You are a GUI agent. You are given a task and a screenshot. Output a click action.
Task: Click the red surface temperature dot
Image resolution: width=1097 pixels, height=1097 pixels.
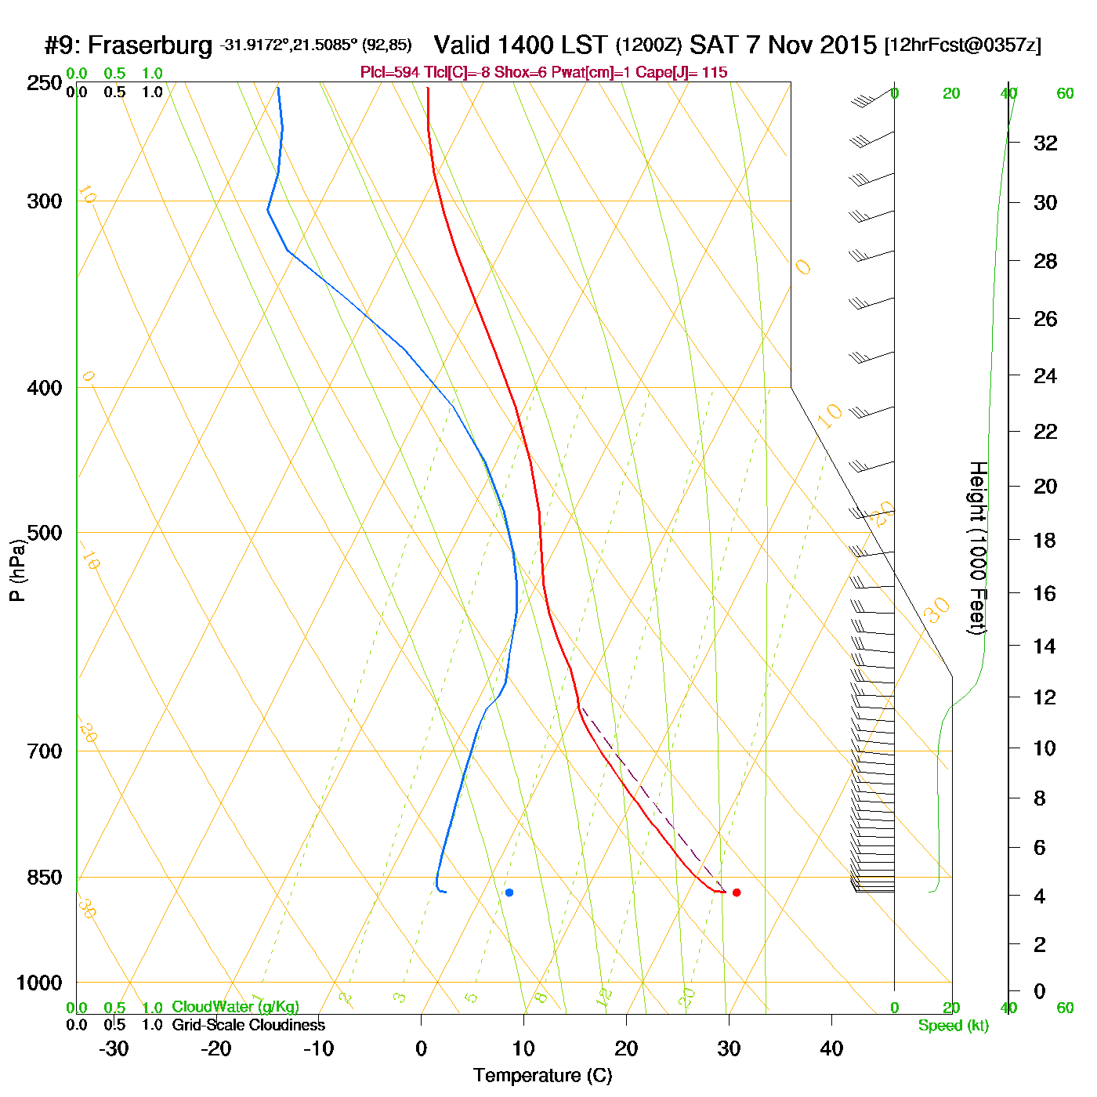pos(736,892)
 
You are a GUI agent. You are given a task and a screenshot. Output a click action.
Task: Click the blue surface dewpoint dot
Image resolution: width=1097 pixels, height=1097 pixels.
pos(509,892)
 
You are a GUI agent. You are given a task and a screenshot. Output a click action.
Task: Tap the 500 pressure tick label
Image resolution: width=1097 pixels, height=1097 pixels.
pos(45,533)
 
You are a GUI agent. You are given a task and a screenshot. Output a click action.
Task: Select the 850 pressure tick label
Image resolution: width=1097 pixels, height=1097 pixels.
pos(45,878)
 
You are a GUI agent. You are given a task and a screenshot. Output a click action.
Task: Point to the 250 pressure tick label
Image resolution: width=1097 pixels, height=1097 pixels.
pos(45,83)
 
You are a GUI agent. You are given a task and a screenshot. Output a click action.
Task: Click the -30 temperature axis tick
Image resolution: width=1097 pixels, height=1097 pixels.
pos(114,1048)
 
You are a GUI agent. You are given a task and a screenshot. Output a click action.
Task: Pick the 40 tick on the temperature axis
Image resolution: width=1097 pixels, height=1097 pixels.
pos(831,1048)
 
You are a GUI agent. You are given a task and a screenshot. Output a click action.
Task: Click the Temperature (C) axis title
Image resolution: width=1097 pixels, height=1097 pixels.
pos(542,1076)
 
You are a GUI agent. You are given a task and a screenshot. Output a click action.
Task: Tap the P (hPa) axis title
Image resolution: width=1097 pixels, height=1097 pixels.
pos(17,570)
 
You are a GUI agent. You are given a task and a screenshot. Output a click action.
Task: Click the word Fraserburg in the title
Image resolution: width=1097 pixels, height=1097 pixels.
pos(150,45)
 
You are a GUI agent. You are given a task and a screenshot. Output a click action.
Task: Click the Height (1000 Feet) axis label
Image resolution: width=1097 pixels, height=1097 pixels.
pos(978,548)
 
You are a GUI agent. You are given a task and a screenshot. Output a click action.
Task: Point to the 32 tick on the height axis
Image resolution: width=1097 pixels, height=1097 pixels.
pos(1045,143)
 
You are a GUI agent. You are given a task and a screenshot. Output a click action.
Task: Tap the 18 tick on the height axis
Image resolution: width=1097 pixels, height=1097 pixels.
pos(1045,540)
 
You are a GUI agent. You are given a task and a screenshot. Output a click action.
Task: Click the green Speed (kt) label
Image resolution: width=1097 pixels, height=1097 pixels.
pos(954,1026)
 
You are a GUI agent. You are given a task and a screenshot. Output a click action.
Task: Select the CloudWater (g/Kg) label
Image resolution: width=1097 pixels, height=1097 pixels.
pos(235,1007)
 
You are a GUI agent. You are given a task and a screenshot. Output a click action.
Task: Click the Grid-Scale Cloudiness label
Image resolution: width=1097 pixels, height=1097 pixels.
pos(248,1025)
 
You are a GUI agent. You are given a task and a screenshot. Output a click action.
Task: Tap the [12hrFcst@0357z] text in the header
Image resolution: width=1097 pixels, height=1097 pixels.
pos(963,45)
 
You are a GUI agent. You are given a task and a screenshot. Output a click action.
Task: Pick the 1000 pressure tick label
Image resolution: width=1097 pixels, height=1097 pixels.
pos(39,983)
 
